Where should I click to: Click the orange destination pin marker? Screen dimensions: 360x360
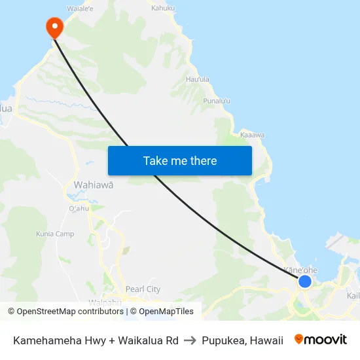[x=54, y=27]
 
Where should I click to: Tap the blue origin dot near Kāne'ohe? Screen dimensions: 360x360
[x=304, y=281]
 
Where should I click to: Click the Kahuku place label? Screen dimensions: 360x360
[x=164, y=9]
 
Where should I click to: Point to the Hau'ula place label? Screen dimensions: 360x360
[x=198, y=79]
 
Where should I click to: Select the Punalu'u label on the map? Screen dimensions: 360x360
[x=217, y=101]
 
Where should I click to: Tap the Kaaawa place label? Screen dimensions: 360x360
[x=252, y=135]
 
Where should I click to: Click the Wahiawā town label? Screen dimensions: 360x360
[x=94, y=185]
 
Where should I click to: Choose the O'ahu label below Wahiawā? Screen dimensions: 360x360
[x=78, y=209]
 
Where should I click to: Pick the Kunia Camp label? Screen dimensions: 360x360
[x=55, y=234]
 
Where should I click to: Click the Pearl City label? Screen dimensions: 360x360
[x=143, y=289]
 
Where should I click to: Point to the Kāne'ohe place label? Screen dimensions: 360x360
[x=301, y=270]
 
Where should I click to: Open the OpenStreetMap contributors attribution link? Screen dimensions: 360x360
[x=65, y=312]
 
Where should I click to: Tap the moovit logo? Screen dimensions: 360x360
[x=321, y=340]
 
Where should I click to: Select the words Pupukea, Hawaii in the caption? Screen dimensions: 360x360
[x=242, y=340]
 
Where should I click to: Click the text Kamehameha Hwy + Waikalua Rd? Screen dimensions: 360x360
[x=96, y=340]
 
